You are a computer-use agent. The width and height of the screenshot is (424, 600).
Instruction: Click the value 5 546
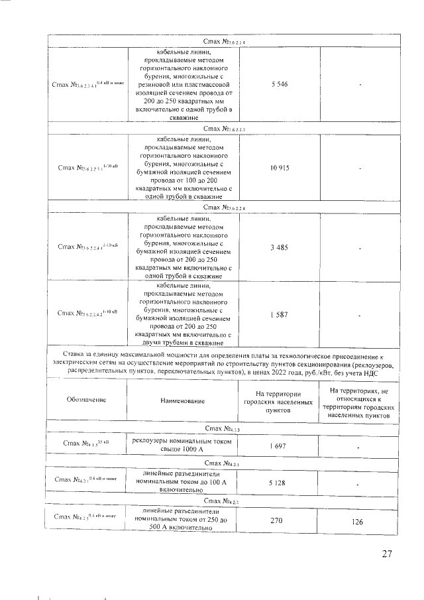pos(279,85)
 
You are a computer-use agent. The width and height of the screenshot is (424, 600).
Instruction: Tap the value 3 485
pos(279,247)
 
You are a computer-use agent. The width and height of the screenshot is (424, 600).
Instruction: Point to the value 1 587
pos(279,314)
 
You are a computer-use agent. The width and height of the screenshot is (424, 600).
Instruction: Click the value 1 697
pos(279,447)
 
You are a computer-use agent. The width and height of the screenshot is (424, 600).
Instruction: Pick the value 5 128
pos(279,484)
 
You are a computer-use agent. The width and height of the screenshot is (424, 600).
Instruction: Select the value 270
pos(279,521)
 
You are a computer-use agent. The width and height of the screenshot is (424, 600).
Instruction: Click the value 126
pos(358,522)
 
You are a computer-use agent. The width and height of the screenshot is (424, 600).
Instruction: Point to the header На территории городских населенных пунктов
pos(279,401)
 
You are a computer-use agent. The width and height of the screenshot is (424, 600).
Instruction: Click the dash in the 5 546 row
pos(358,85)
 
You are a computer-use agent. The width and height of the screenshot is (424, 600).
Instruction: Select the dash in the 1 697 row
pos(358,448)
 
